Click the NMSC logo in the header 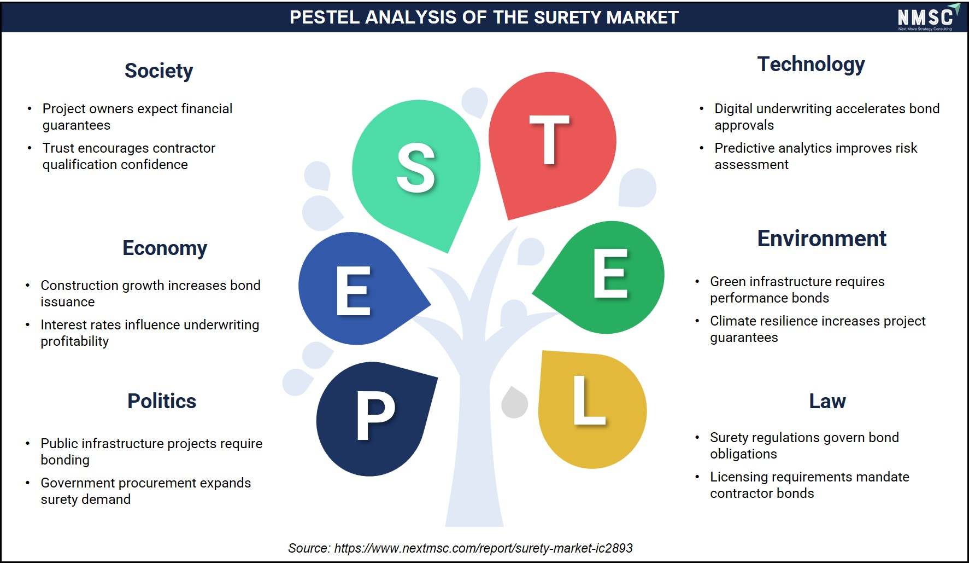(x=928, y=17)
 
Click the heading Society (x=158, y=71)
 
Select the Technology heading (x=811, y=65)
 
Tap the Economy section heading (x=165, y=248)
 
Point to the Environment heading (x=821, y=239)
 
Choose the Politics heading (x=162, y=401)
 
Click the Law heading (x=827, y=401)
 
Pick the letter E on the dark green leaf (x=610, y=273)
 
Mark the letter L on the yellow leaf (x=589, y=399)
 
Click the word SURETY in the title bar (x=568, y=18)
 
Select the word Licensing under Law (x=735, y=477)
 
